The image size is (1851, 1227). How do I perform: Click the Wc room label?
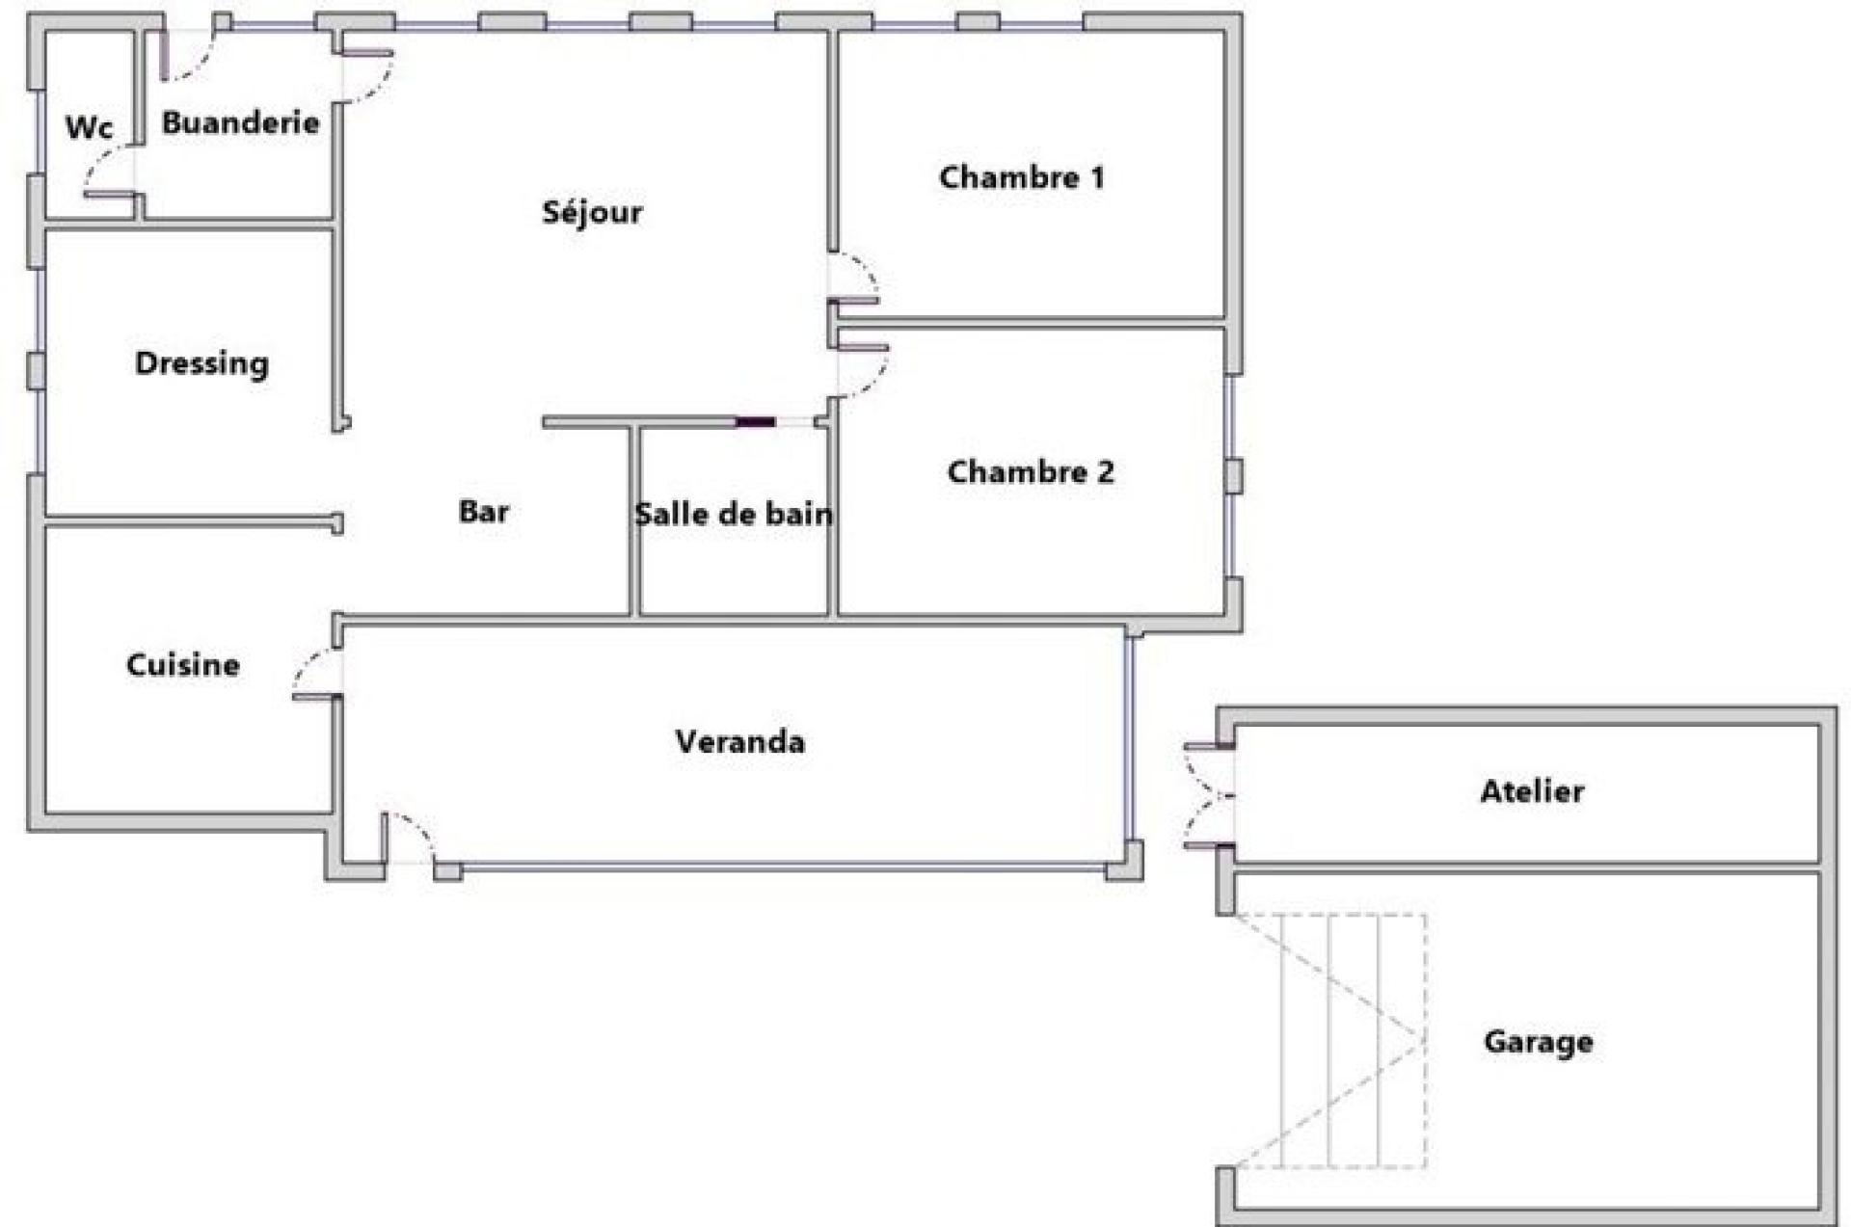tap(89, 126)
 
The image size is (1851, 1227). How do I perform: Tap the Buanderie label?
tap(240, 121)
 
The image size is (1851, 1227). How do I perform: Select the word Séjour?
tap(592, 211)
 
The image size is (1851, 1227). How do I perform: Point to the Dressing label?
tap(201, 363)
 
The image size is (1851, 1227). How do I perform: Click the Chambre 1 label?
tap(1021, 177)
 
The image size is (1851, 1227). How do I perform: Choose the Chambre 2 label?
tap(1031, 471)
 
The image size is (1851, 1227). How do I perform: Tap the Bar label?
tap(483, 511)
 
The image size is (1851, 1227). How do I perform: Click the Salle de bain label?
tap(733, 514)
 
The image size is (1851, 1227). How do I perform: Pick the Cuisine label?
tap(183, 664)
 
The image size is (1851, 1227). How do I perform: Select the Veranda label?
tap(739, 741)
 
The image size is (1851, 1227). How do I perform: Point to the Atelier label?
tap(1532, 791)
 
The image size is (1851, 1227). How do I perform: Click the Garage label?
tap(1538, 1042)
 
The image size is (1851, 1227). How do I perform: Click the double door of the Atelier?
tap(1209, 797)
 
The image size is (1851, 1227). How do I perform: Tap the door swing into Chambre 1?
tap(854, 278)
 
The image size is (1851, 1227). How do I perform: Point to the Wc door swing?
tap(109, 173)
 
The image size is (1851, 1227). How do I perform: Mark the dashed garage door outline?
tap(1330, 1041)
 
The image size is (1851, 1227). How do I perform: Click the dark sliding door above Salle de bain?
tap(756, 422)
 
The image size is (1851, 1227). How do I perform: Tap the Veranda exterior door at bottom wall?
tap(409, 838)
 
